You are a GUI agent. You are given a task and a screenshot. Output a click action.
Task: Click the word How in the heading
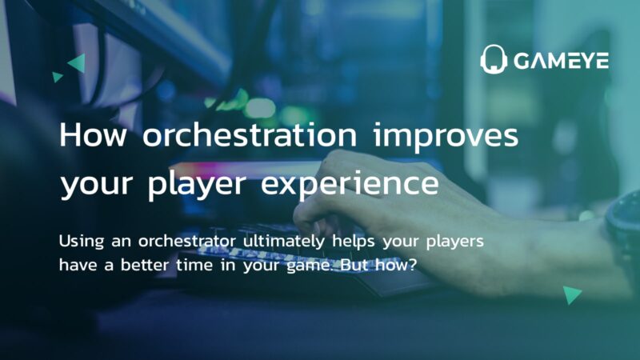pyautogui.click(x=93, y=134)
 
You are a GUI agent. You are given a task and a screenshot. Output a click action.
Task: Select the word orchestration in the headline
pyautogui.click(x=250, y=134)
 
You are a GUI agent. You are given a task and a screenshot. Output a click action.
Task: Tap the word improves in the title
pyautogui.click(x=446, y=138)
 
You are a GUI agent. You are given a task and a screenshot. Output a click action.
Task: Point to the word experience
pyautogui.click(x=350, y=185)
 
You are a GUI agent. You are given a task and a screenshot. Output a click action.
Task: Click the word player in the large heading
pyautogui.click(x=196, y=185)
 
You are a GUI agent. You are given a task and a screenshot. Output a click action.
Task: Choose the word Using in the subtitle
pyautogui.click(x=82, y=242)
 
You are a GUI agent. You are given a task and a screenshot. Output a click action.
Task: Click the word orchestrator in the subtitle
pyautogui.click(x=187, y=242)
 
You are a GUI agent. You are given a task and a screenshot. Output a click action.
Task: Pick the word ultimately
pyautogui.click(x=284, y=242)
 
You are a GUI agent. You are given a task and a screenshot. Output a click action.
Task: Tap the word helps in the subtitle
pyautogui.click(x=354, y=242)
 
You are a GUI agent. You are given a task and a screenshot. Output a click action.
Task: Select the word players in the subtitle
pyautogui.click(x=455, y=242)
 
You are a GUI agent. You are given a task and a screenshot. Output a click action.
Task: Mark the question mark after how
pyautogui.click(x=413, y=266)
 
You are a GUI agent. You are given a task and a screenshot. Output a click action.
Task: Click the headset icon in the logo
pyautogui.click(x=494, y=59)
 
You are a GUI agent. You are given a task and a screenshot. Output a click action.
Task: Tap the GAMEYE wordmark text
pyautogui.click(x=561, y=61)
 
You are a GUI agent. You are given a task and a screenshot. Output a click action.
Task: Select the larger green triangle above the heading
pyautogui.click(x=77, y=63)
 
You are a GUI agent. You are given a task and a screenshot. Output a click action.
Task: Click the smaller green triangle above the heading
pyautogui.click(x=57, y=77)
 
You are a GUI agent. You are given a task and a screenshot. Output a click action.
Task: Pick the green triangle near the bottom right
pyautogui.click(x=572, y=294)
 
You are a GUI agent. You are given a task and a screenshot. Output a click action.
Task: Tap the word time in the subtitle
pyautogui.click(x=194, y=266)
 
